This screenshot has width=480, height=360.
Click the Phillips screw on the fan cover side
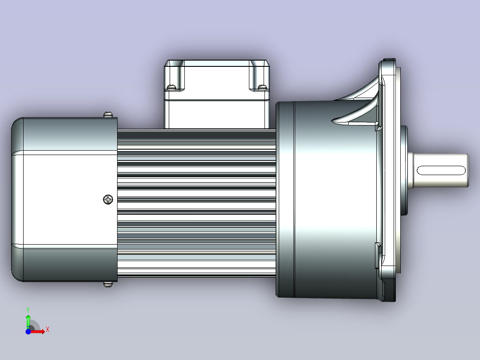coord(108,200)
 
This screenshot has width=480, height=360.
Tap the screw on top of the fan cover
coord(108,115)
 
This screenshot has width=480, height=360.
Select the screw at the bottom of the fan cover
coord(108,284)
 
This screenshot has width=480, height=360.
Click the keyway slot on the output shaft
coord(441,170)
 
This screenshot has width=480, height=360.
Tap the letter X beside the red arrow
coord(48,330)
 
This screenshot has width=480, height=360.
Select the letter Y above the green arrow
coord(28,310)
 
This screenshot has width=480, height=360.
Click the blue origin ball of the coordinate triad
coord(28,331)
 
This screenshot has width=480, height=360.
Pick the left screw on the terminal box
coord(172,87)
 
